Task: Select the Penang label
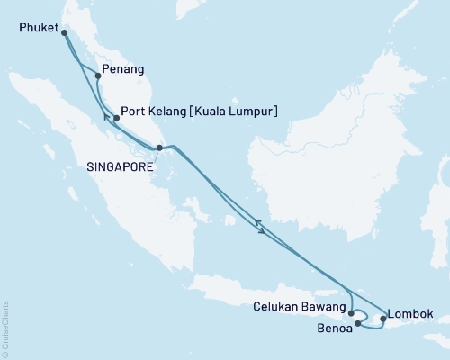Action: click(123, 68)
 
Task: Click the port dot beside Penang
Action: click(98, 76)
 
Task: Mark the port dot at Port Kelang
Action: click(116, 118)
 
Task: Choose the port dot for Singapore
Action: click(159, 148)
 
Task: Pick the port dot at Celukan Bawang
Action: click(351, 314)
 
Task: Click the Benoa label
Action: click(334, 328)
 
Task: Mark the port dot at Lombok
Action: click(383, 319)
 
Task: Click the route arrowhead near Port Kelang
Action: click(106, 116)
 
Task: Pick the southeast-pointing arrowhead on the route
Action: click(263, 233)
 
